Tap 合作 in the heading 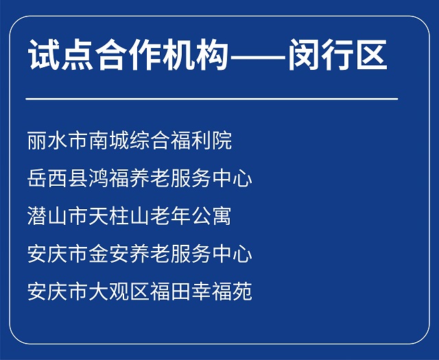(x=128, y=54)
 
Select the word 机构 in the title (x=195, y=54)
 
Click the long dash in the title (x=258, y=57)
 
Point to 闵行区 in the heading (x=338, y=54)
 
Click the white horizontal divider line (x=212, y=99)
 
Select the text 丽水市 (x=58, y=141)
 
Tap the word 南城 (x=110, y=141)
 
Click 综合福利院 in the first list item (x=181, y=141)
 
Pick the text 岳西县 (x=58, y=178)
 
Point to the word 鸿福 (x=110, y=178)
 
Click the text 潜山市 (x=58, y=216)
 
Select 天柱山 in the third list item (x=119, y=216)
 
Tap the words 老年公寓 (x=191, y=216)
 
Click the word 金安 (x=110, y=254)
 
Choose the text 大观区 (x=119, y=291)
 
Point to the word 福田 (x=171, y=291)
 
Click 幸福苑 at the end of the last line (x=222, y=291)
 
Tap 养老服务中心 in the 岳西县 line (x=191, y=178)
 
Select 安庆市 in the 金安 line (x=58, y=254)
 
